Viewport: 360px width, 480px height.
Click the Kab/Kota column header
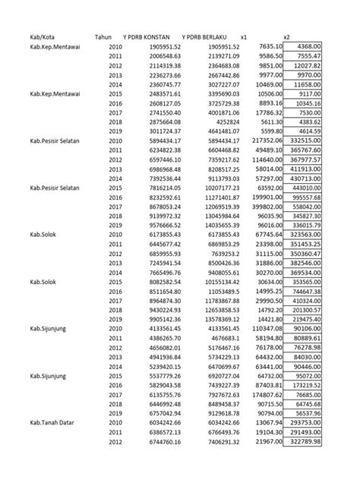click(43, 36)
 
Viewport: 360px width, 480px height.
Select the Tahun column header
click(103, 36)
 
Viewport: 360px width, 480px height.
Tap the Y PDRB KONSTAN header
click(149, 36)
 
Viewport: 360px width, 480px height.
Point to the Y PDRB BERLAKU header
click(207, 36)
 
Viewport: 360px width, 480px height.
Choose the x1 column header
click(243, 36)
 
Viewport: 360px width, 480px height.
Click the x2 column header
click(286, 36)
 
